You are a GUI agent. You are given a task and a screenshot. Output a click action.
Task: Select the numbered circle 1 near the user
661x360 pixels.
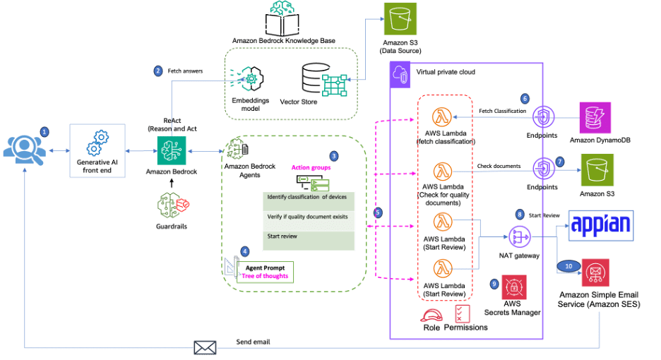click(x=44, y=131)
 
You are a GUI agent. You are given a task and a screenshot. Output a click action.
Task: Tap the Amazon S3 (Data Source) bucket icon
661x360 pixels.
click(x=400, y=19)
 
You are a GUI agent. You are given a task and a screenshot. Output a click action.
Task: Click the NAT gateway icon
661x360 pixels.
click(x=519, y=236)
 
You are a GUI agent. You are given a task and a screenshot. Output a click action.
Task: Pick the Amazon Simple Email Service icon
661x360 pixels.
click(x=595, y=273)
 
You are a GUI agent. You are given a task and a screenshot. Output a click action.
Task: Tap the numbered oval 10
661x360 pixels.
click(x=571, y=265)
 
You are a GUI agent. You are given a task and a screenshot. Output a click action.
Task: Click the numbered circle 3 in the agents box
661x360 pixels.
click(x=334, y=155)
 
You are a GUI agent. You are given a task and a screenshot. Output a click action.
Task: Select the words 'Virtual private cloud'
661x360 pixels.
click(x=446, y=72)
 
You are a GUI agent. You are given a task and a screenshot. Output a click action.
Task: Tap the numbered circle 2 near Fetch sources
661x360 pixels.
click(x=157, y=70)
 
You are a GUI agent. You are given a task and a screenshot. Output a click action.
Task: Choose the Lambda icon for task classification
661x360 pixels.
click(x=443, y=116)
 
